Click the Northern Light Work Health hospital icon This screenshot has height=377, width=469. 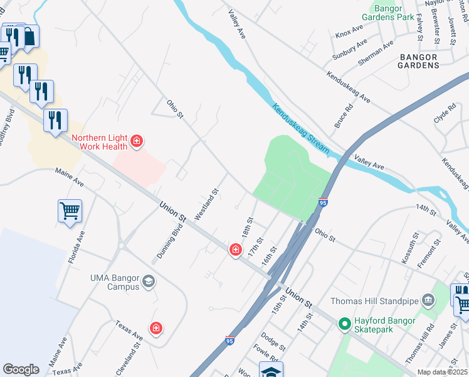tap(136, 142)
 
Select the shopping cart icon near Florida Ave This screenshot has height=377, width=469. tap(70, 210)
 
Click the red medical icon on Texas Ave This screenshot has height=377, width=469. tap(155, 328)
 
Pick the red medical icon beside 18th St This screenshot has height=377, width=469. tap(235, 250)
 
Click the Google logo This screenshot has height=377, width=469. tap(21, 369)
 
